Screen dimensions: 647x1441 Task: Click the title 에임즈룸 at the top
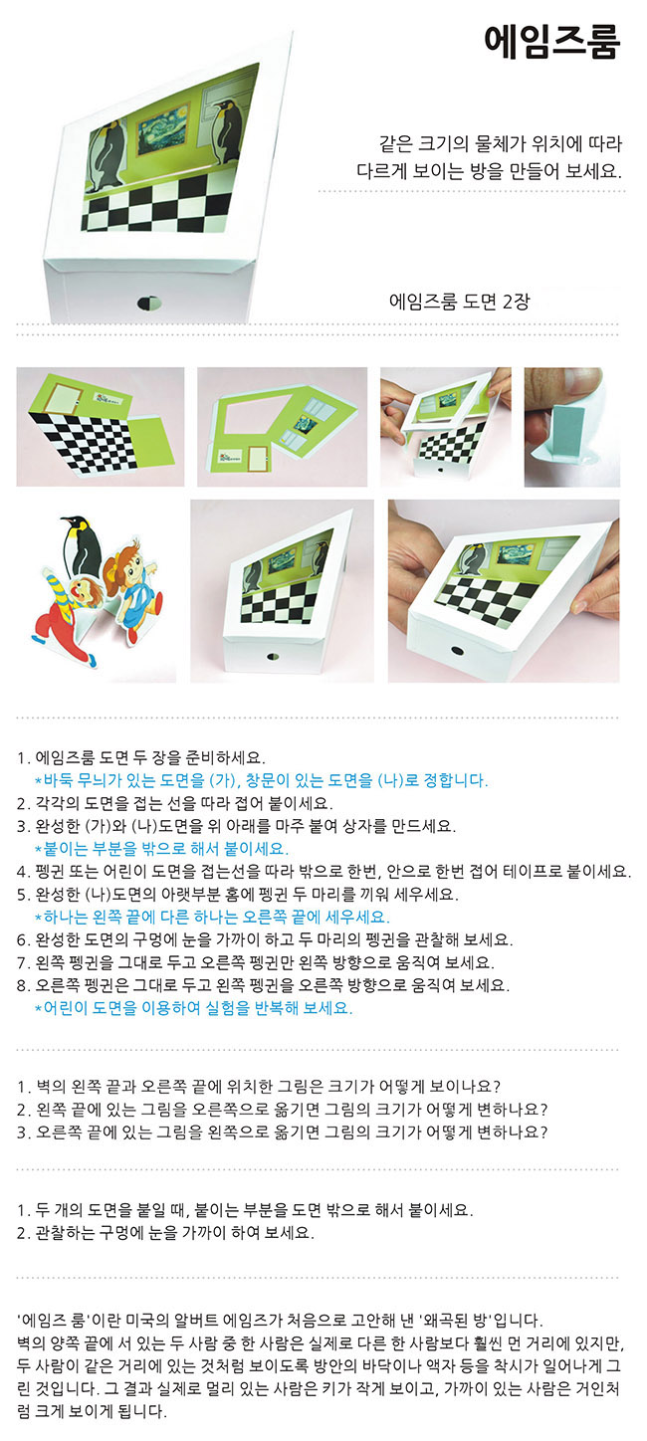[x=551, y=42]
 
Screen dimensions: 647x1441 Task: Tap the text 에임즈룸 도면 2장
[x=459, y=301]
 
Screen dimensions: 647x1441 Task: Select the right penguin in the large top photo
[x=228, y=131]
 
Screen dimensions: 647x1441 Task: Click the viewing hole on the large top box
[x=149, y=304]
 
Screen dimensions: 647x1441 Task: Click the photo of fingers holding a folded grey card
[x=571, y=427]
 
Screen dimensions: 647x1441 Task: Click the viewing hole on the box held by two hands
[x=457, y=651]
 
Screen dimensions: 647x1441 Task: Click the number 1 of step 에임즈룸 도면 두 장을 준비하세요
[x=24, y=757]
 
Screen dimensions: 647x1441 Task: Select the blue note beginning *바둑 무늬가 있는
[x=261, y=780]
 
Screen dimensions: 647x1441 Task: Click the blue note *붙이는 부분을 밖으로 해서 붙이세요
[x=161, y=849]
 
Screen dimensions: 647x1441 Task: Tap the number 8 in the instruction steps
[x=24, y=985]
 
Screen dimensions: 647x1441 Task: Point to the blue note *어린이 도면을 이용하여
[x=193, y=1007]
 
